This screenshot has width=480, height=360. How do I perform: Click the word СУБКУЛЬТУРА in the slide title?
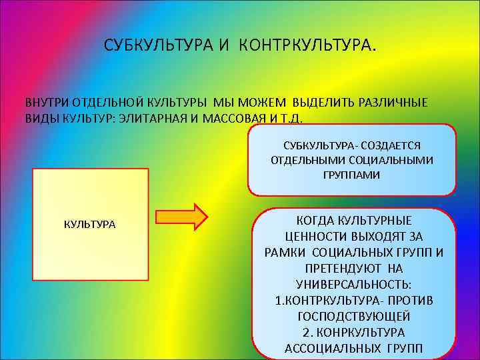click(157, 46)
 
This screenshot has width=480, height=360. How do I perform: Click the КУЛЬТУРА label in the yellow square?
click(89, 224)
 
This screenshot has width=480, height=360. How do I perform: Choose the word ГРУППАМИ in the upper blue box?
click(353, 175)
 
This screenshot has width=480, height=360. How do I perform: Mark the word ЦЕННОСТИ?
click(309, 236)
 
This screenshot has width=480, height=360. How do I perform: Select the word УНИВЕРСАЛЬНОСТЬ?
click(353, 284)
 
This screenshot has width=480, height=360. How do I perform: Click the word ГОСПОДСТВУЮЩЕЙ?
click(353, 316)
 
